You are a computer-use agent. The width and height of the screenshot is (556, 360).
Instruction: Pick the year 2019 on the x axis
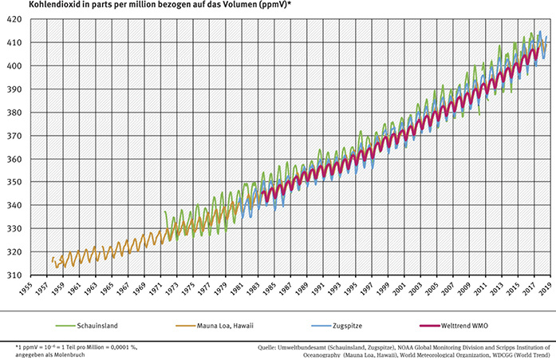[546, 291]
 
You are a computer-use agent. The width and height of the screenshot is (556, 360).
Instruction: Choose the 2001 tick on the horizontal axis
[404, 291]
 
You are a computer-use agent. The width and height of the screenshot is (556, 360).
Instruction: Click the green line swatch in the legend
[66, 326]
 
